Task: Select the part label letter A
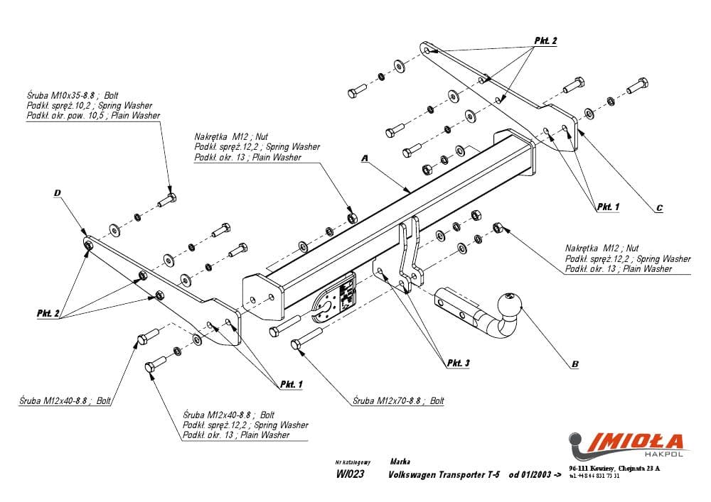(364, 160)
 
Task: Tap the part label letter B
(574, 364)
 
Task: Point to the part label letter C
(659, 208)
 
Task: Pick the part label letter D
(57, 192)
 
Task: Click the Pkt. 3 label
(459, 364)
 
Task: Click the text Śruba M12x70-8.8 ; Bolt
(398, 401)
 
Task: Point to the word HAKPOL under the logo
(665, 454)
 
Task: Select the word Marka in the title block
(400, 462)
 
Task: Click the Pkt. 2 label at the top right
(545, 41)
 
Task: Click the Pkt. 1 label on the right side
(608, 207)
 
